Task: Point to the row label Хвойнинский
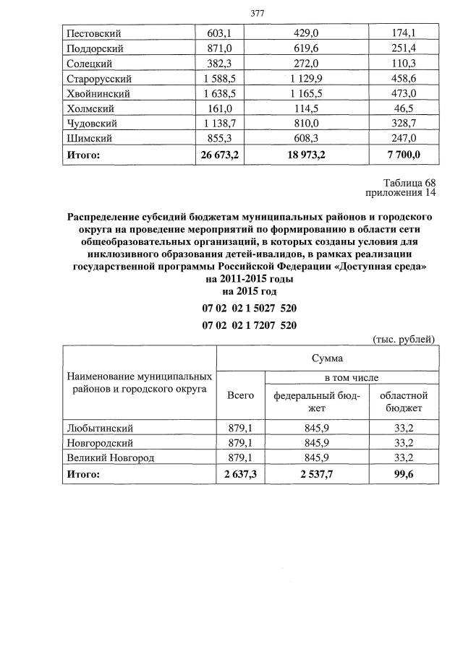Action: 98,94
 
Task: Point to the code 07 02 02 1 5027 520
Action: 250,309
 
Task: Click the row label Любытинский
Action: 99,428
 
